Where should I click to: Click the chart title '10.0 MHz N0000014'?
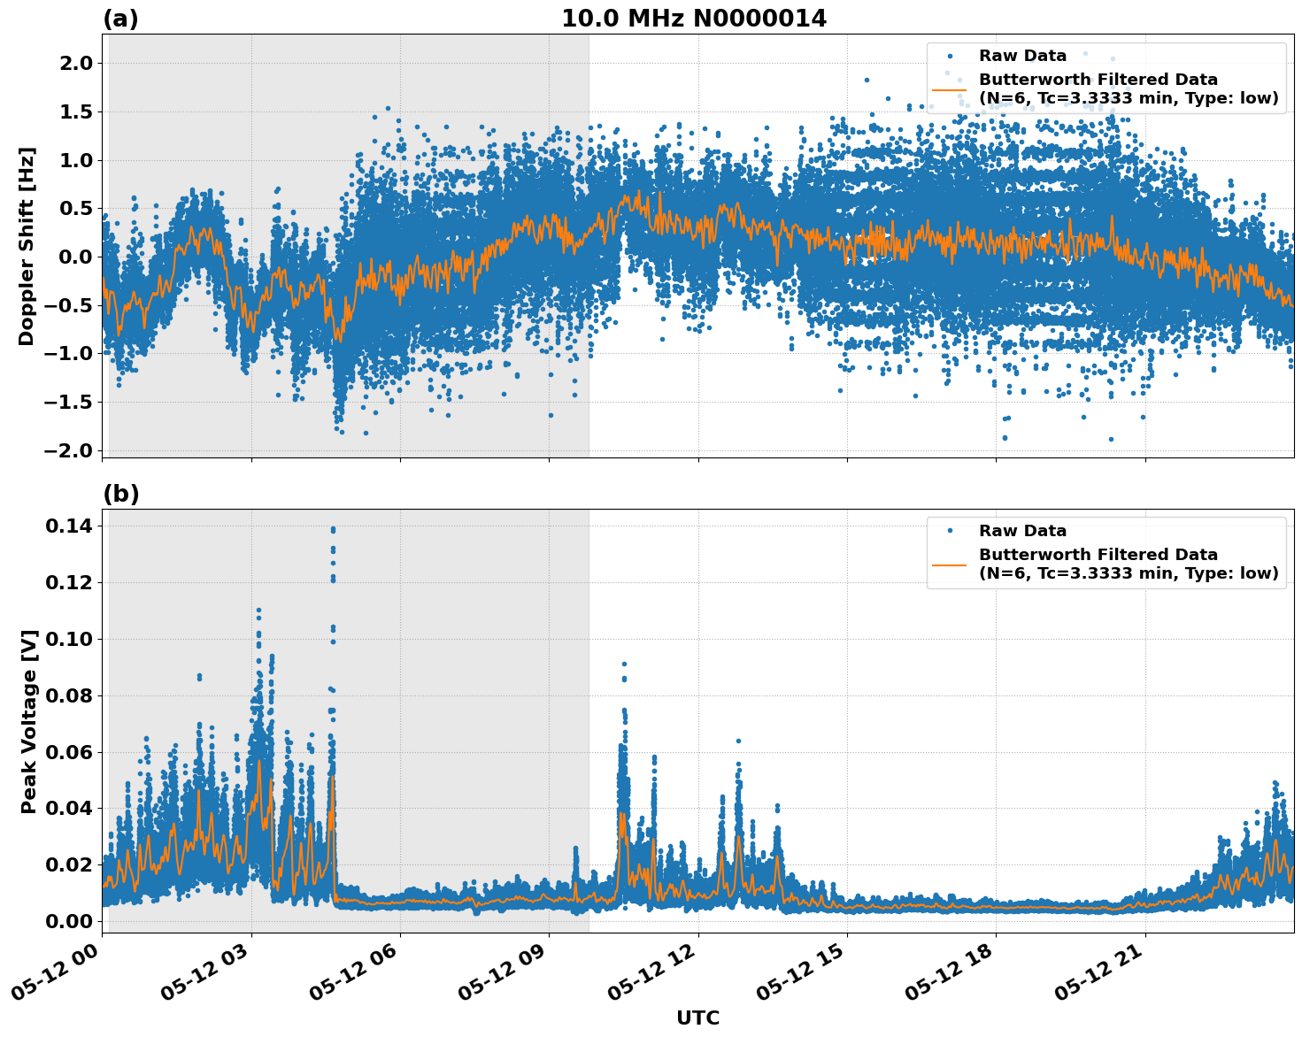pyautogui.click(x=693, y=19)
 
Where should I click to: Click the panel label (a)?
pyautogui.click(x=120, y=19)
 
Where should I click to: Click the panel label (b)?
pyautogui.click(x=120, y=494)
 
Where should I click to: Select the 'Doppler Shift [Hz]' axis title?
pyautogui.click(x=27, y=246)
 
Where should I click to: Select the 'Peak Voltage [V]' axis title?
pyautogui.click(x=29, y=721)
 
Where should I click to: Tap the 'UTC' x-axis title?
pyautogui.click(x=697, y=1018)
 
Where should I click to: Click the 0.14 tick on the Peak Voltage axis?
pyautogui.click(x=69, y=526)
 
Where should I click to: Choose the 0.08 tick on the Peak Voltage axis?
pyautogui.click(x=69, y=695)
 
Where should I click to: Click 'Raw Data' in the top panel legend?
pyautogui.click(x=1022, y=56)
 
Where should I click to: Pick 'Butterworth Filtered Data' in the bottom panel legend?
pyautogui.click(x=1098, y=555)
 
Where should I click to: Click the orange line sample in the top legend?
pyautogui.click(x=950, y=88)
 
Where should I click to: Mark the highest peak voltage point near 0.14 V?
pyautogui.click(x=333, y=529)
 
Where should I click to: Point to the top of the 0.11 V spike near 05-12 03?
pyautogui.click(x=258, y=610)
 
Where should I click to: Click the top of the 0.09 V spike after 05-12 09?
pyautogui.click(x=624, y=664)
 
